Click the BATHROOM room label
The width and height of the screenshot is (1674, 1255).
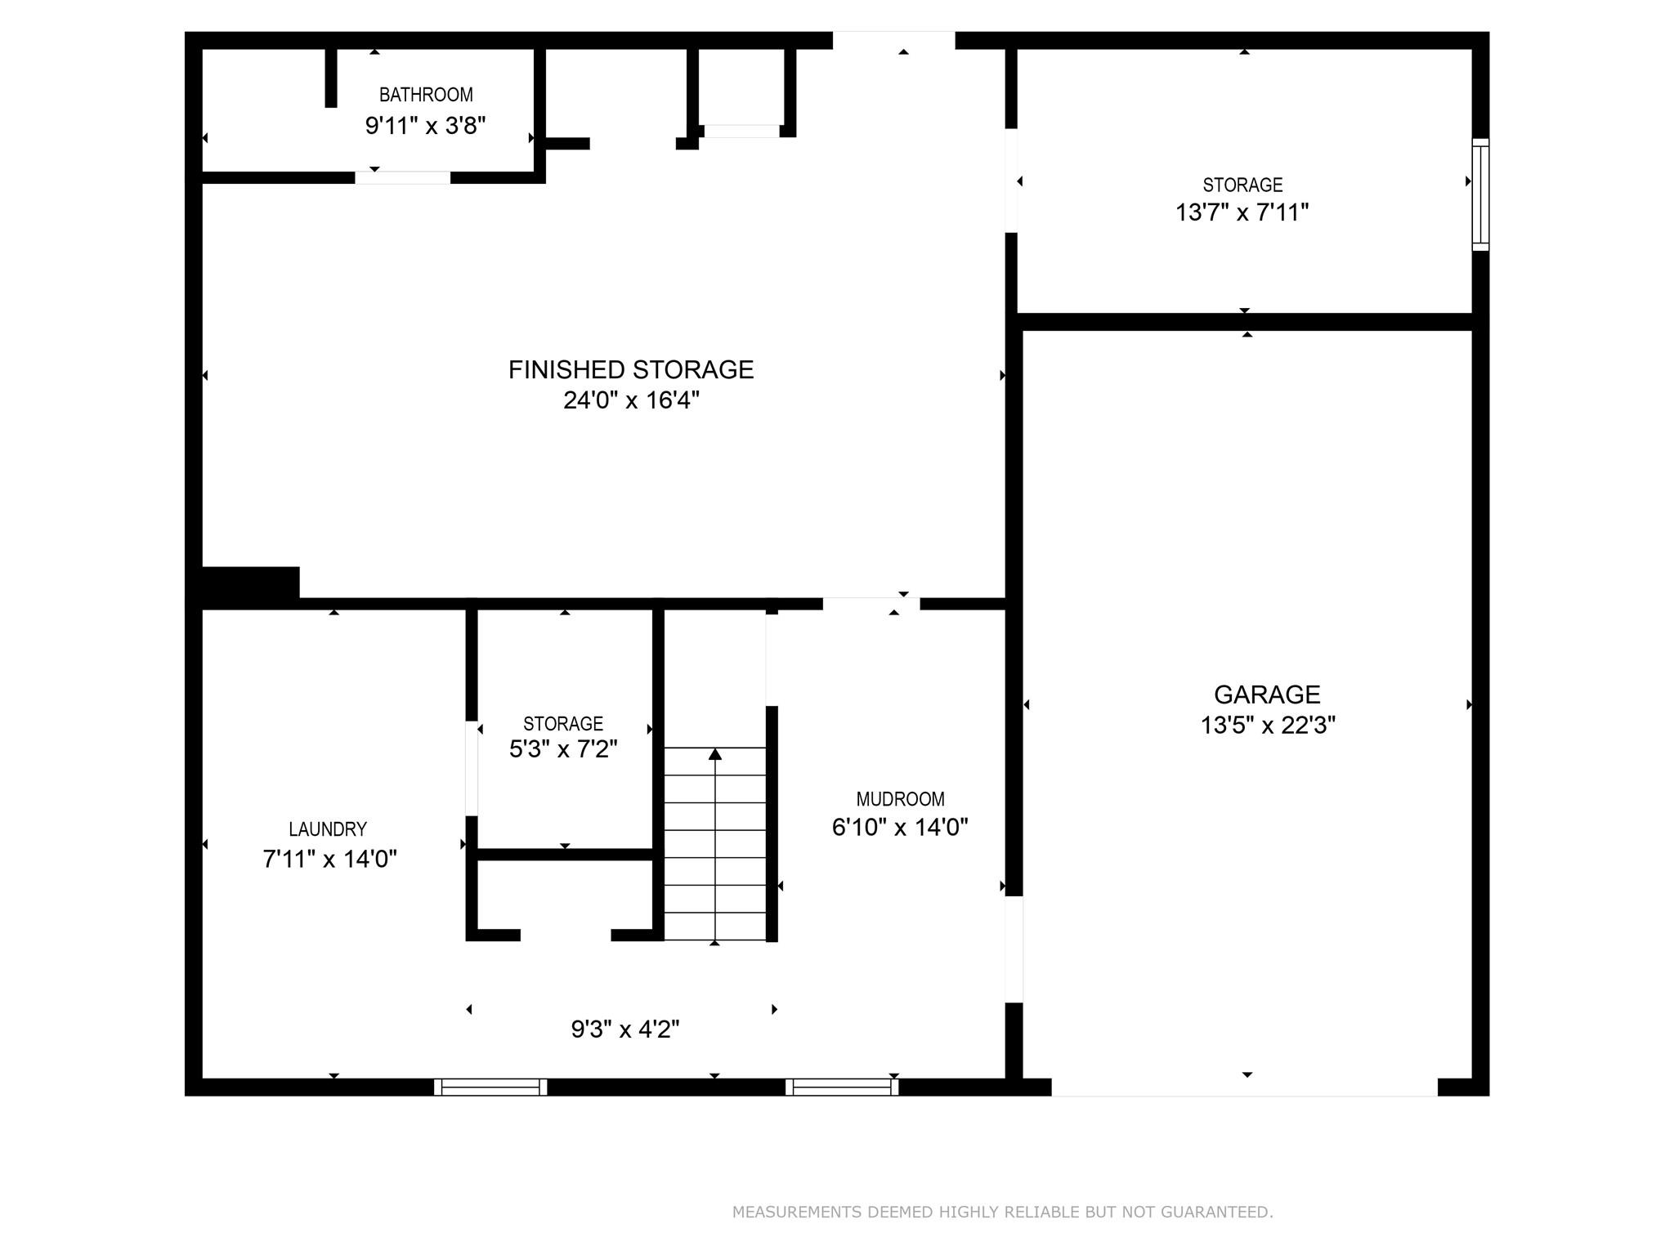[426, 95]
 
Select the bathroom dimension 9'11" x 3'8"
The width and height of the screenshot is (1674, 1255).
[425, 126]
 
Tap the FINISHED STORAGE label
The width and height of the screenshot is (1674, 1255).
[630, 370]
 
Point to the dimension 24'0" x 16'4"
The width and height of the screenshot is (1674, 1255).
[631, 400]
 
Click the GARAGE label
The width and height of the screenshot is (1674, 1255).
[1267, 694]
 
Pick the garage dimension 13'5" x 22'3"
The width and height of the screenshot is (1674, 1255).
[1267, 726]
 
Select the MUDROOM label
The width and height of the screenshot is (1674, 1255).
[900, 799]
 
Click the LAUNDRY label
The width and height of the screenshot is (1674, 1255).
[328, 829]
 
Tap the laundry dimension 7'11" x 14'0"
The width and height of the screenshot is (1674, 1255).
[329, 860]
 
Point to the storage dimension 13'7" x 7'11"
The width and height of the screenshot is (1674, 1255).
[1242, 212]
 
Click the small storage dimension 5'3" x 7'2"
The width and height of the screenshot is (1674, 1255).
[563, 749]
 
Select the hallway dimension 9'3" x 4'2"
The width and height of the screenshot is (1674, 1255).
[625, 1029]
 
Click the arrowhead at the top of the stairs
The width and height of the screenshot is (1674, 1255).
[715, 753]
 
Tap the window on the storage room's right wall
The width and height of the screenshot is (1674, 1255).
[1480, 194]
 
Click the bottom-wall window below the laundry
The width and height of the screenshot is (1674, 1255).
[490, 1087]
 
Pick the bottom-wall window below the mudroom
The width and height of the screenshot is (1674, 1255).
[842, 1087]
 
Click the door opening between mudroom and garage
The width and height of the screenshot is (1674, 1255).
[1014, 949]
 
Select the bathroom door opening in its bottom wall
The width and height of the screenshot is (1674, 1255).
[402, 177]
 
